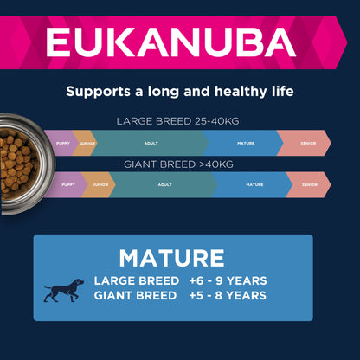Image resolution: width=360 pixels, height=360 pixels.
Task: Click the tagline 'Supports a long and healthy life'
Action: click(180, 90)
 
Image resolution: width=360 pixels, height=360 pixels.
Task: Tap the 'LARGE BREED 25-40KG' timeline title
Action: click(180, 121)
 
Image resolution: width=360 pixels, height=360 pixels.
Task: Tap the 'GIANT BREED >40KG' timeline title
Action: click(180, 163)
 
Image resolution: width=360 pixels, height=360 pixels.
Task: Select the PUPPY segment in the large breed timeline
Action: click(62, 142)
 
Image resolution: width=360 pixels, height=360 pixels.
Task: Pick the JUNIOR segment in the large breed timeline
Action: click(87, 142)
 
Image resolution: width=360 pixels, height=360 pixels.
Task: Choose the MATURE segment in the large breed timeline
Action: click(242, 142)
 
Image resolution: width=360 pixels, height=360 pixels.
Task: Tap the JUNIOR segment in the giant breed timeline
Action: click(98, 184)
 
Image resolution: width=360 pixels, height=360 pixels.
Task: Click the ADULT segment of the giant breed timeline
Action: click(164, 184)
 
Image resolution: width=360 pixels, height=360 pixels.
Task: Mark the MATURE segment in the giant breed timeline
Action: click(254, 184)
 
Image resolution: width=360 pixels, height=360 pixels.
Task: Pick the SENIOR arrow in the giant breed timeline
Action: click(308, 184)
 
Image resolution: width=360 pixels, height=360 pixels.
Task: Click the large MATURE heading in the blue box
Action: click(171, 258)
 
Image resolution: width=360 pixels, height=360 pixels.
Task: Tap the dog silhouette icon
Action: click(63, 289)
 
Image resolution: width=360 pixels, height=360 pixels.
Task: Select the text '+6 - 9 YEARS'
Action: click(227, 280)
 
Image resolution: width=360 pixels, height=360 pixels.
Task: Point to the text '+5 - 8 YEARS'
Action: click(227, 296)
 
